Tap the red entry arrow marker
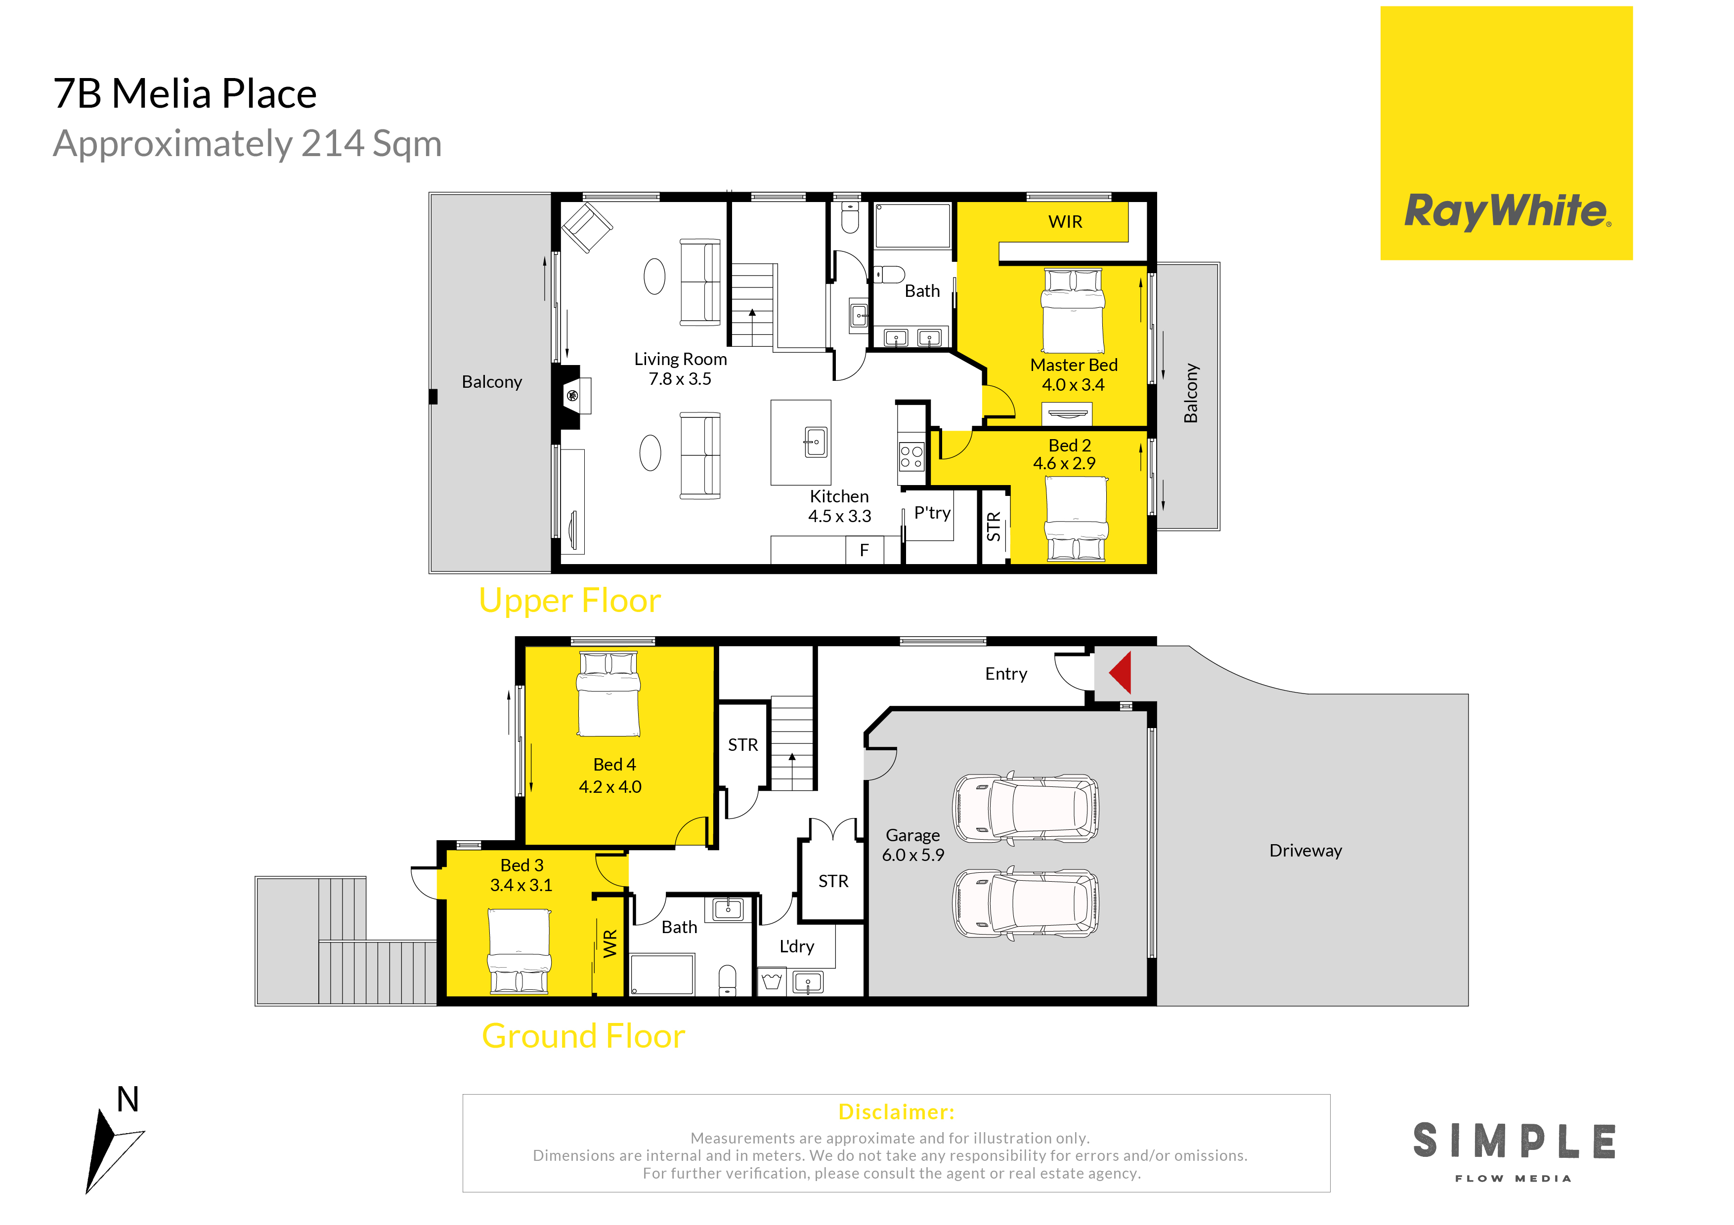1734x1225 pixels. [x=1121, y=672]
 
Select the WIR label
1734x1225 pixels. [x=1065, y=222]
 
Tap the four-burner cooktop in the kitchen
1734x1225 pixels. [x=911, y=456]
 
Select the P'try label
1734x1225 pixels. [x=932, y=513]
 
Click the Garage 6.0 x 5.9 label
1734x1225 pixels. [x=913, y=845]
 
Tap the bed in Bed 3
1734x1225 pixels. [x=520, y=951]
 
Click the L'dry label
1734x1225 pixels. [x=797, y=946]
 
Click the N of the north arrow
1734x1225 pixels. [x=128, y=1100]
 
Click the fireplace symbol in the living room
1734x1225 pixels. [x=572, y=396]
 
